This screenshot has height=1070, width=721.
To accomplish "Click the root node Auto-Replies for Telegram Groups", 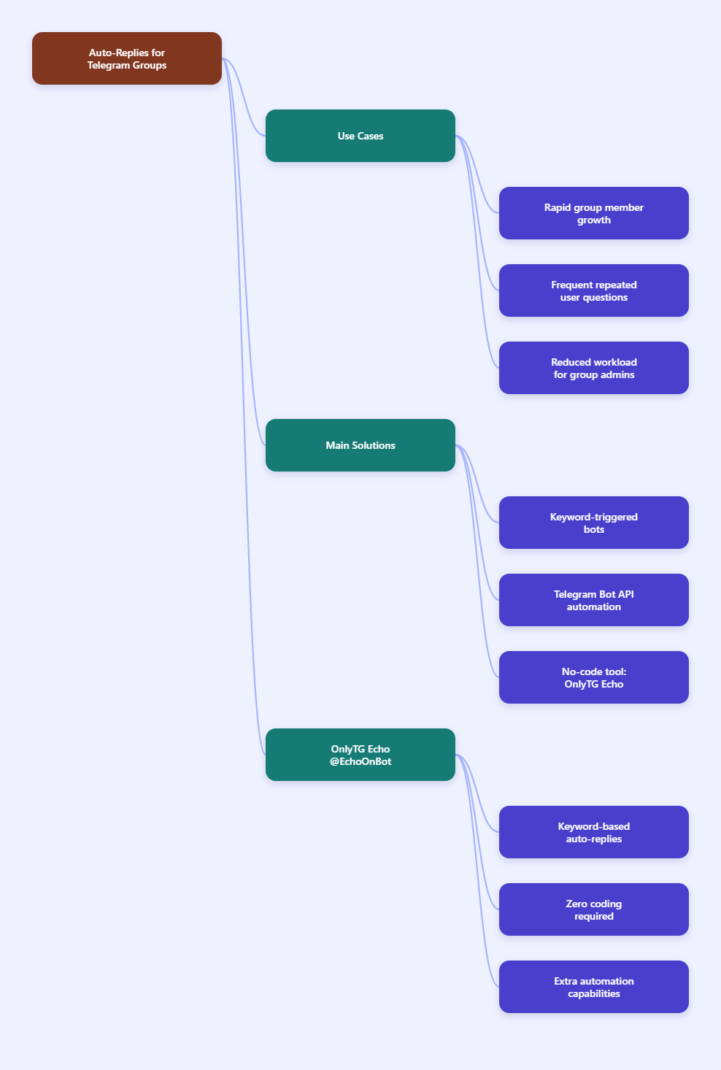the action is tap(126, 58).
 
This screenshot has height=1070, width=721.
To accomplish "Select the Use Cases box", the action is tap(360, 136).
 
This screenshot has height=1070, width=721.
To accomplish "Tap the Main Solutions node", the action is tap(360, 445).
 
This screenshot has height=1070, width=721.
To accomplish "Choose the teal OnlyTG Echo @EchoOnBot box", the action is tap(360, 755).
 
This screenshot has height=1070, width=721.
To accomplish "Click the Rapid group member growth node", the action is tap(593, 213).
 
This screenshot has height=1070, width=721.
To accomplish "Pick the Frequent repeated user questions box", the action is tap(593, 290).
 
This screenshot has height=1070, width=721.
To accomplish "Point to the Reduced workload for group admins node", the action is tap(593, 368).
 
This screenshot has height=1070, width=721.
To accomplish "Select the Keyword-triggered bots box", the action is tap(593, 523).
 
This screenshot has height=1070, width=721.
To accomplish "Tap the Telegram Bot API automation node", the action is tap(593, 600).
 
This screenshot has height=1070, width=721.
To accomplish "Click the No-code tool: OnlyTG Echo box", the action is tap(593, 677).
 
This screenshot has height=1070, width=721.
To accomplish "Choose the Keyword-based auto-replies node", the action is tap(593, 832).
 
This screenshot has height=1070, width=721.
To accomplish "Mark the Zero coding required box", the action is tap(593, 909).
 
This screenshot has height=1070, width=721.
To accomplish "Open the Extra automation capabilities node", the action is tap(593, 987).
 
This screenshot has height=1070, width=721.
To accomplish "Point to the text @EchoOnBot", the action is tap(360, 761).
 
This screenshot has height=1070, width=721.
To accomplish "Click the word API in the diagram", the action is tap(626, 594).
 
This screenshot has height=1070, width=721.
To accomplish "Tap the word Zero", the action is tap(577, 904).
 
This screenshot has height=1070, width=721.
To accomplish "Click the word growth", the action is tap(594, 220).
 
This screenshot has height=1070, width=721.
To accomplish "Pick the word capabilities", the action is tap(594, 993).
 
